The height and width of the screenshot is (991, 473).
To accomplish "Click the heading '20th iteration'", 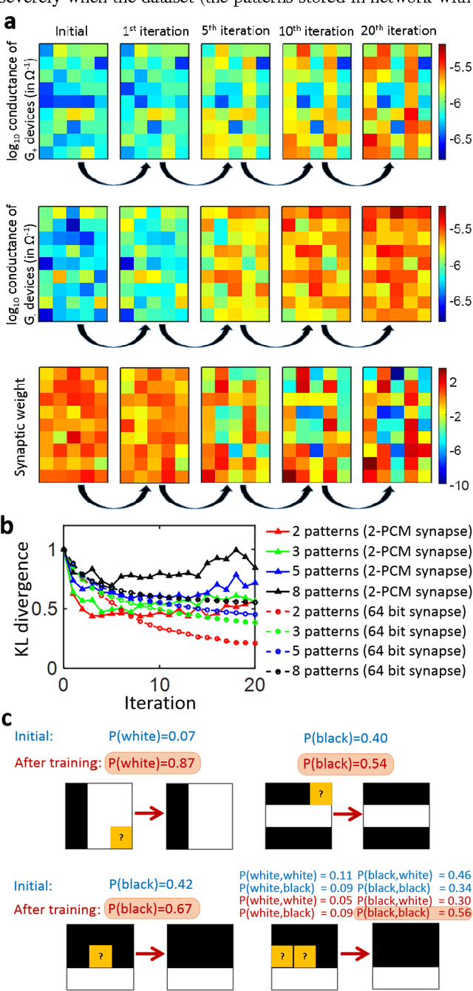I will tap(399, 31).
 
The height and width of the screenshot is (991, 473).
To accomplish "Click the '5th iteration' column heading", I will tap(236, 31).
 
